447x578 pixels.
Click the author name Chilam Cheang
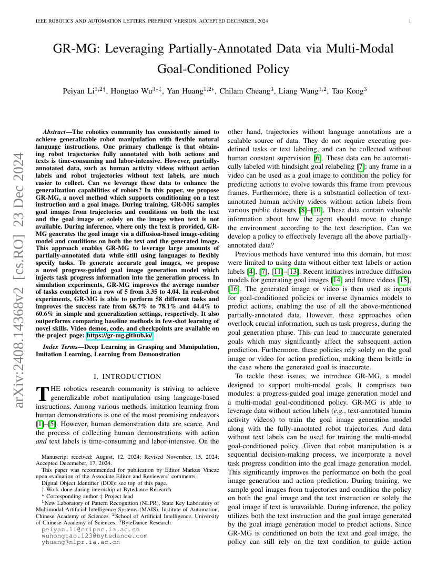(x=248, y=91)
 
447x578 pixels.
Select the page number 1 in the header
(x=410, y=21)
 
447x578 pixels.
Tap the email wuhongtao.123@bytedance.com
(x=94, y=535)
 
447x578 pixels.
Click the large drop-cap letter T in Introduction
(x=42, y=392)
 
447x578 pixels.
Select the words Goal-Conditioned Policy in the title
(x=223, y=69)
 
